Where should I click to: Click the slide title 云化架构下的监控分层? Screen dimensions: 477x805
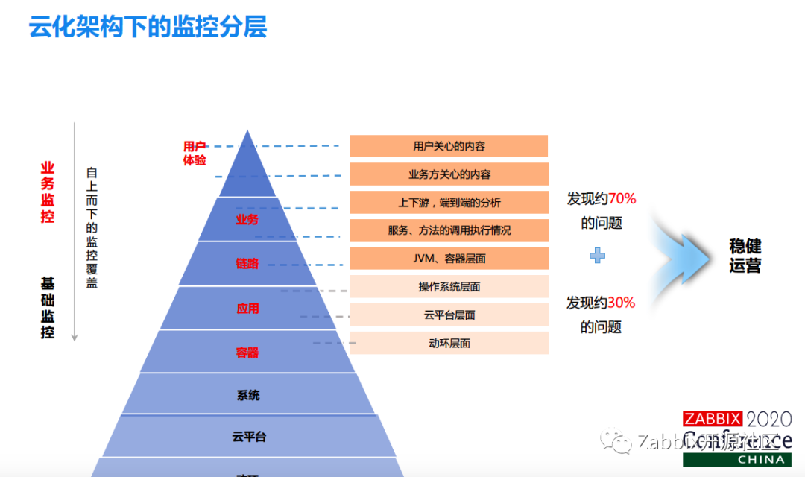pyautogui.click(x=148, y=27)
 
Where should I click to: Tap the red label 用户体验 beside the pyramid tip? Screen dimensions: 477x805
pyautogui.click(x=195, y=153)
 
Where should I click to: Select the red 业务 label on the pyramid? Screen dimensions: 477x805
pyautogui.click(x=247, y=219)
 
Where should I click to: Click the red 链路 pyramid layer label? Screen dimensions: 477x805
pyautogui.click(x=247, y=264)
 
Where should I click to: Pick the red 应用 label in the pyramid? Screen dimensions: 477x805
pyautogui.click(x=247, y=308)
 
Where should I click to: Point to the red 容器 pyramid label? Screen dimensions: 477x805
pyautogui.click(x=247, y=352)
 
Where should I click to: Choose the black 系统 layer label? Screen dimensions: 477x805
pyautogui.click(x=248, y=395)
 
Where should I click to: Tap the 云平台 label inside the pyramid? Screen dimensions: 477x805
pyautogui.click(x=248, y=437)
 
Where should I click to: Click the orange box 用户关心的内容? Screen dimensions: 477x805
pyautogui.click(x=449, y=146)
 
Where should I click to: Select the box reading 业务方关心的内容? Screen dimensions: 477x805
pyautogui.click(x=449, y=174)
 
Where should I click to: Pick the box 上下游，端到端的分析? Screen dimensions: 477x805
pyautogui.click(x=449, y=203)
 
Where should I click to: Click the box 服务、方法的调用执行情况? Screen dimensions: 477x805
pyautogui.click(x=449, y=230)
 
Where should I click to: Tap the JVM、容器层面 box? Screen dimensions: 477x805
pyautogui.click(x=449, y=259)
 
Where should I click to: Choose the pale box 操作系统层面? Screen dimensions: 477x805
pyautogui.click(x=449, y=286)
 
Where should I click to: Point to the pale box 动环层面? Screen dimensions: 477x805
pyautogui.click(x=449, y=344)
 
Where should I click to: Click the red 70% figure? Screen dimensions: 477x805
pyautogui.click(x=622, y=199)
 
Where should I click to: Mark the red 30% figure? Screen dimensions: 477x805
pyautogui.click(x=621, y=303)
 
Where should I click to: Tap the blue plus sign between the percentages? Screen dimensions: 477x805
pyautogui.click(x=597, y=256)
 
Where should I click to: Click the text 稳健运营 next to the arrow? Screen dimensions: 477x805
pyautogui.click(x=745, y=256)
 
